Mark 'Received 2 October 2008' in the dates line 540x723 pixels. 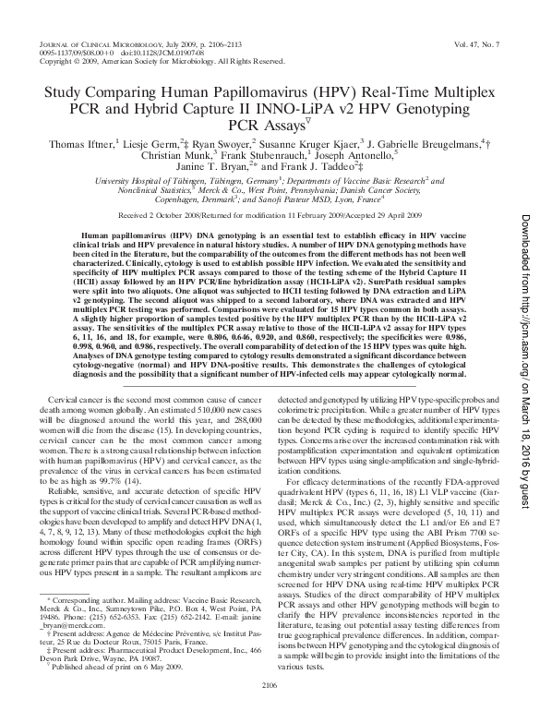coord(180,213)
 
